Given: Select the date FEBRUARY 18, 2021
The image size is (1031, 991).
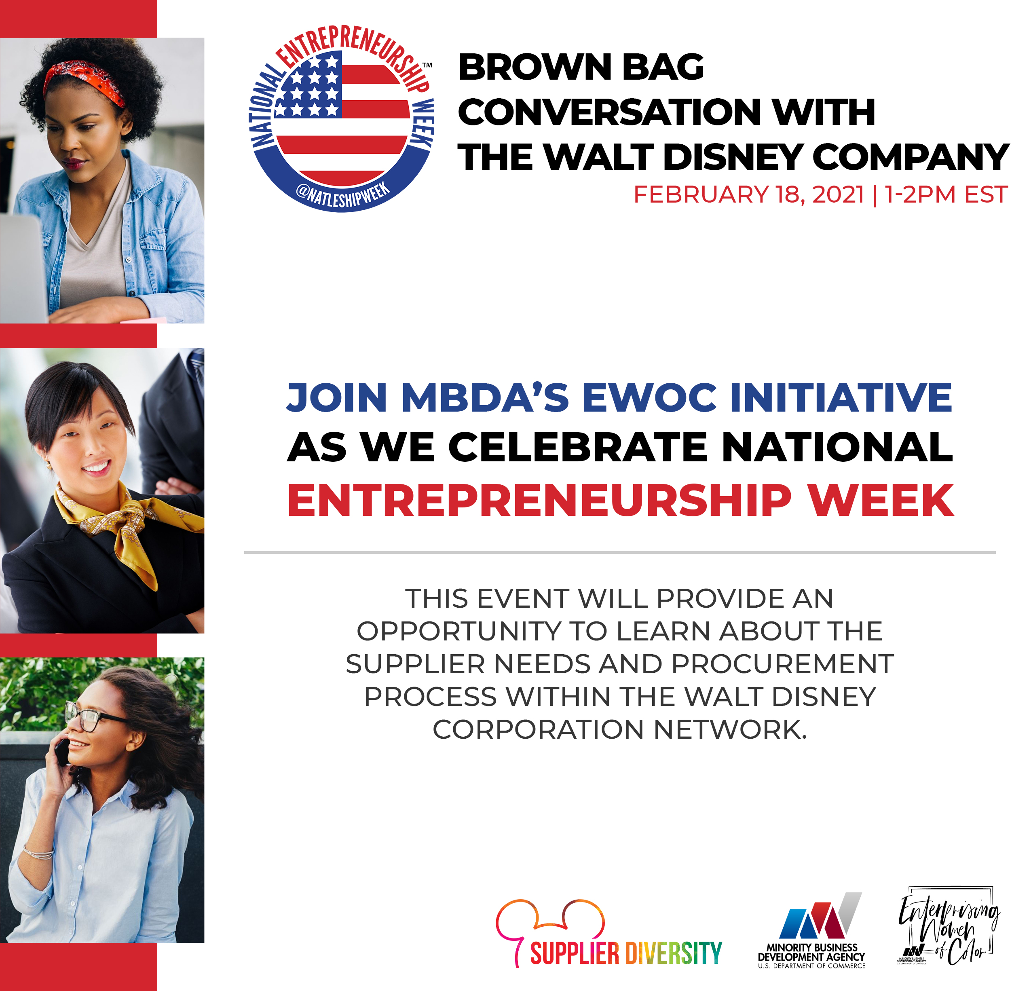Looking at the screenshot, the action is point(749,194).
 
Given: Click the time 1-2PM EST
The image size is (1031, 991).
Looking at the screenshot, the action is point(946,194).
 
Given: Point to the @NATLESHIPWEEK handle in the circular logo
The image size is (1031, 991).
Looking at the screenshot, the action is point(343,196).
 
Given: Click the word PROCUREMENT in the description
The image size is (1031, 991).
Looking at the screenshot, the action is point(783,664).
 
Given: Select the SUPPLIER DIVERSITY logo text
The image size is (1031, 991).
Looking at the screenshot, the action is point(626,953).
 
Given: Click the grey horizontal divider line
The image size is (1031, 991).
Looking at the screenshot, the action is point(620,553).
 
